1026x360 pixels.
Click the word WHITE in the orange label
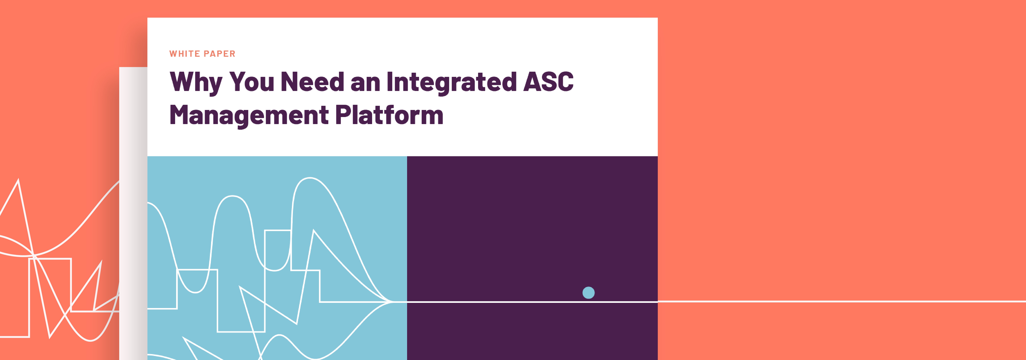[184, 54]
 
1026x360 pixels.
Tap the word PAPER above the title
[219, 54]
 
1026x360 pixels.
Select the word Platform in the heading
[389, 115]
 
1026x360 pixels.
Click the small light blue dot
[588, 293]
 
